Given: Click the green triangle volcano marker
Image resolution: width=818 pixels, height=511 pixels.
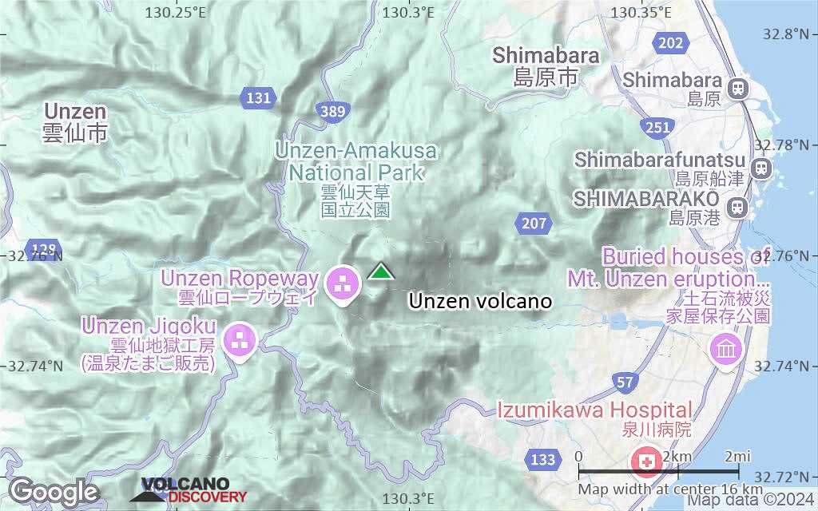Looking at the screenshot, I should [382, 273].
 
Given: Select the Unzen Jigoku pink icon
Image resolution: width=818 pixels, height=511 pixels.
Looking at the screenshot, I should [239, 340].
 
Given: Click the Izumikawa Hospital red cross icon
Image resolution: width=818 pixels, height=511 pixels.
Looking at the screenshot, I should [645, 460].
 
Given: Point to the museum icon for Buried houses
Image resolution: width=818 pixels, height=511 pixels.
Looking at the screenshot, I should [725, 350].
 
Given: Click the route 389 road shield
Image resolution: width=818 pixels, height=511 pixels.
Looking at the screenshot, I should [332, 112].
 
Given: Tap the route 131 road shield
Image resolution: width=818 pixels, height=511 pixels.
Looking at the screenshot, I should [259, 98].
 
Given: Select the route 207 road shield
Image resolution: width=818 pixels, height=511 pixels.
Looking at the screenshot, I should [533, 224].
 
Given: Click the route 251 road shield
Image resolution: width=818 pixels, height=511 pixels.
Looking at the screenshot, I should [658, 128].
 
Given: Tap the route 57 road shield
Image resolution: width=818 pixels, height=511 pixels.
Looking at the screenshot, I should [626, 383].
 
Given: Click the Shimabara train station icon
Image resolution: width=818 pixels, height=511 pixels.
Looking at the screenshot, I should [737, 82].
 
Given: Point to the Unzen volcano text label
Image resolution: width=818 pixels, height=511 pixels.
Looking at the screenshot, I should [480, 301].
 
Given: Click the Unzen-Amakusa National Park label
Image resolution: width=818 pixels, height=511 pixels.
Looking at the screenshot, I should [356, 161].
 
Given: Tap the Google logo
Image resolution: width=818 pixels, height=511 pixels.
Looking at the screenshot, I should [54, 491].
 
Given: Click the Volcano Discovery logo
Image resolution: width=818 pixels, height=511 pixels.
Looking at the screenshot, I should [185, 489].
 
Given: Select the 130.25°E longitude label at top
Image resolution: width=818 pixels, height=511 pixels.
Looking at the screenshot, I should [176, 12].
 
